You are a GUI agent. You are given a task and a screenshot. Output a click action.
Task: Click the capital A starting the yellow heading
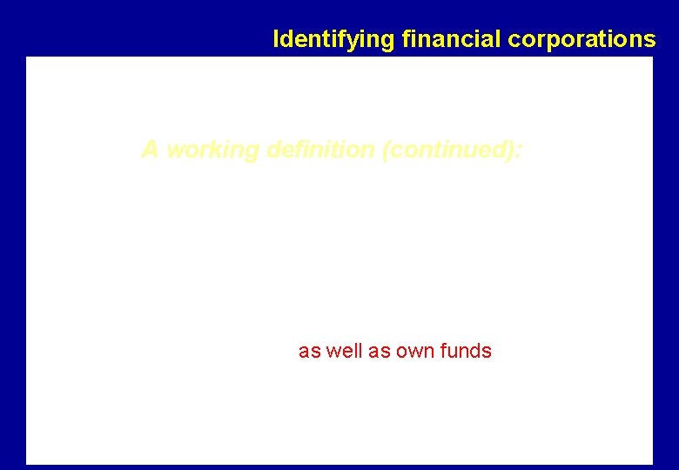[150, 151]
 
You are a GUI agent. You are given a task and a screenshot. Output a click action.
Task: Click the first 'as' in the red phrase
[309, 351]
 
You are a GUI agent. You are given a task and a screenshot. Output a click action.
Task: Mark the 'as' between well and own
[376, 351]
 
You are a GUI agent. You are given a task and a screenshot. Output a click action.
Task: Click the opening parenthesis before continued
[385, 151]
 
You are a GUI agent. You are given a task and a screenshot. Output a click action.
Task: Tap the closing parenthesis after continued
[512, 151]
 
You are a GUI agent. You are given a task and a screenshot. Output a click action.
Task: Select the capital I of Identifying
[275, 39]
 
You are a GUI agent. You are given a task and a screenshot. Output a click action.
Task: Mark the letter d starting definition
[272, 151]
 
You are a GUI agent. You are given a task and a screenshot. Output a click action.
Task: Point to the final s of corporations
[651, 39]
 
